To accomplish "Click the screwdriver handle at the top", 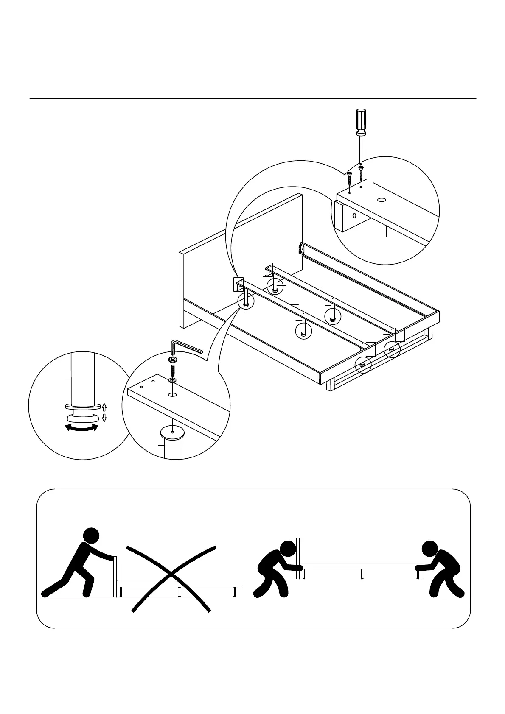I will [361, 120].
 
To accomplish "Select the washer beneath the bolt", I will [173, 381].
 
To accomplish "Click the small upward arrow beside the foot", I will [104, 407].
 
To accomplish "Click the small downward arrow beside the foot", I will [104, 418].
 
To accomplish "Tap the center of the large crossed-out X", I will [171, 575].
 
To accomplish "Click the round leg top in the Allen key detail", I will [173, 433].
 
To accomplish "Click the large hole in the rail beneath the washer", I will [172, 395].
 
